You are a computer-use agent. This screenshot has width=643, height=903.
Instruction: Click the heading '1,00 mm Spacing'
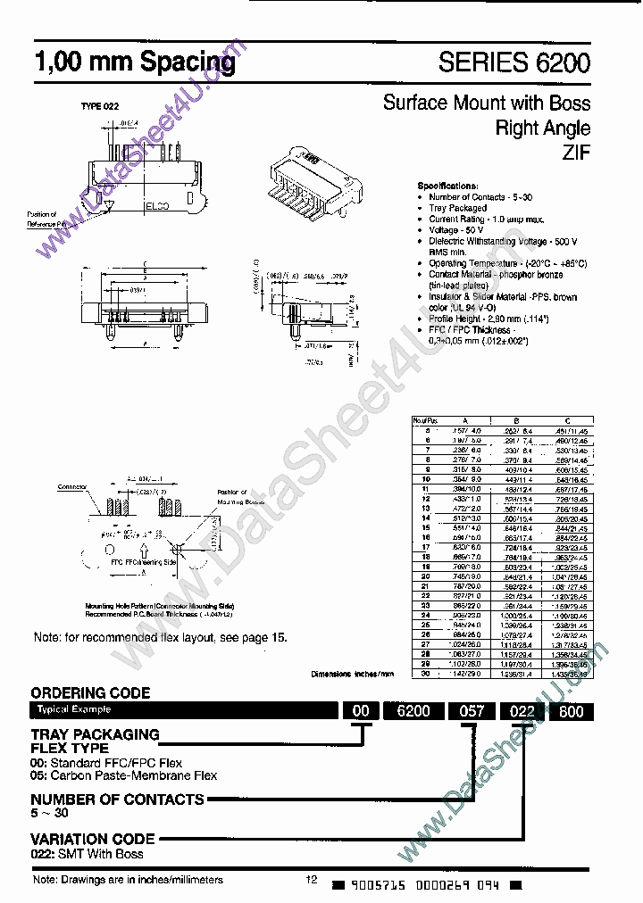tap(134, 63)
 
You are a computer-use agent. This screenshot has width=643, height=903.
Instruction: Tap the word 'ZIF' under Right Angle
tap(575, 153)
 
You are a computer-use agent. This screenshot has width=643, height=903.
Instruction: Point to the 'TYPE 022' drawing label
tap(100, 106)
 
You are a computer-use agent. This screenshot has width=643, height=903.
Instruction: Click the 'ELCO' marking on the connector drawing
tap(159, 206)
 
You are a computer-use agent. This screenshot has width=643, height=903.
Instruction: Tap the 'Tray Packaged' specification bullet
tap(458, 208)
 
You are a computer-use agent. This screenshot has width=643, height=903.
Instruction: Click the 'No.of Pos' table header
tap(425, 419)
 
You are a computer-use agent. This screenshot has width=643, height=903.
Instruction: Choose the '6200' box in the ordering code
tap(413, 710)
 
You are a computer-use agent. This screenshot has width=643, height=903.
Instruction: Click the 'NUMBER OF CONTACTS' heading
tap(117, 799)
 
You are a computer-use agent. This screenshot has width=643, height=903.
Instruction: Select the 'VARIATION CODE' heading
tap(93, 839)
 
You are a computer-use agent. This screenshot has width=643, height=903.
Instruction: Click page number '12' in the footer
tap(312, 881)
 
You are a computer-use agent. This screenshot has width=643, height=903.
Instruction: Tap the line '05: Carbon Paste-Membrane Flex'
tap(124, 775)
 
